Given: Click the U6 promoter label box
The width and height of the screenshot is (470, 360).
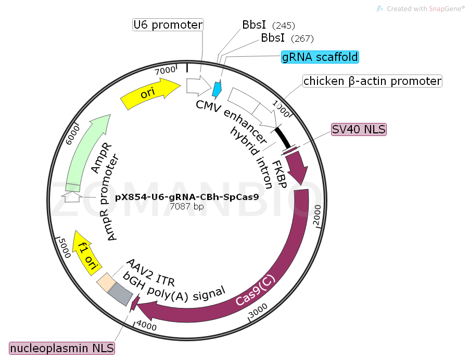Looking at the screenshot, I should pos(168,24).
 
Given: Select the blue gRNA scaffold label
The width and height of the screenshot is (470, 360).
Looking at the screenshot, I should pos(320,57).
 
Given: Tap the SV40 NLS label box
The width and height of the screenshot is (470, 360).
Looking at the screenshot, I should pos(359,130).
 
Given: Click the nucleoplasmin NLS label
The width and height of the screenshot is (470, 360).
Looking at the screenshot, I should pos(62,347).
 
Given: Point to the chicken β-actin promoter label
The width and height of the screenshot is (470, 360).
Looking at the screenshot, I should pos(372,81).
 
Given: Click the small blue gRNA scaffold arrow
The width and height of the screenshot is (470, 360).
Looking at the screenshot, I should pos(217,88).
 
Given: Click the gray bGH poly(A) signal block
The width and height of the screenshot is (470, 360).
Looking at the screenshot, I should pos(120,294).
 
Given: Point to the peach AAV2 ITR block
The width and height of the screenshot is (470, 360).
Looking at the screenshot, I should pos(106,282).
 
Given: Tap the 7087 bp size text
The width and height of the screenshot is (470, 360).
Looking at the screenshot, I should pos(187,207).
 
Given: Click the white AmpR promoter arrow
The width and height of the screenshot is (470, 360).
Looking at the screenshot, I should pos(71,196).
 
